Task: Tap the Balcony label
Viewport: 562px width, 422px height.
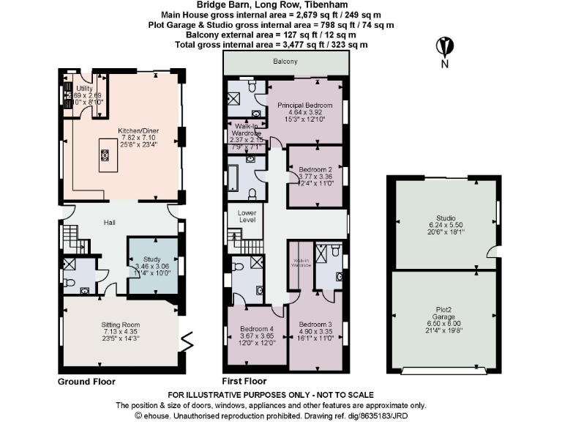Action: tap(285, 62)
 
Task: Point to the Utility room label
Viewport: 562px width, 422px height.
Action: tap(85, 89)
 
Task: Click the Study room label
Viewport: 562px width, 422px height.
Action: tap(151, 259)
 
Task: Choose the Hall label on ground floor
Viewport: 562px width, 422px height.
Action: tap(110, 223)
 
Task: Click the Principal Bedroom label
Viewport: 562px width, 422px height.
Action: tap(305, 105)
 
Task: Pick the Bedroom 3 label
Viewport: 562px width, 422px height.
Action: tap(315, 324)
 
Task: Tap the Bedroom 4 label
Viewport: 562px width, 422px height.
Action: tap(252, 328)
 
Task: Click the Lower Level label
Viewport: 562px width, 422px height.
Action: tap(248, 216)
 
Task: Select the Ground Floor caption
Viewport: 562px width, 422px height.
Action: tap(86, 382)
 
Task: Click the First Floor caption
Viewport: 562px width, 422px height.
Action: tap(244, 382)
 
